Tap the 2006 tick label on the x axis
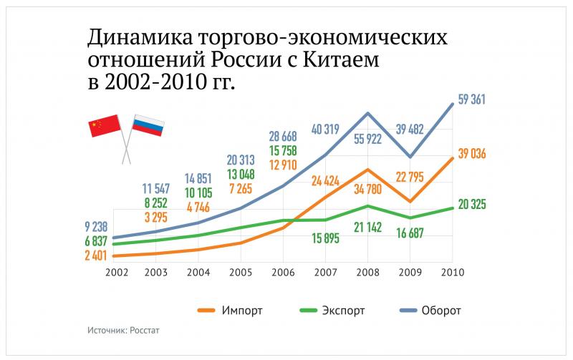point(284,273)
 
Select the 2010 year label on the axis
point(451,273)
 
